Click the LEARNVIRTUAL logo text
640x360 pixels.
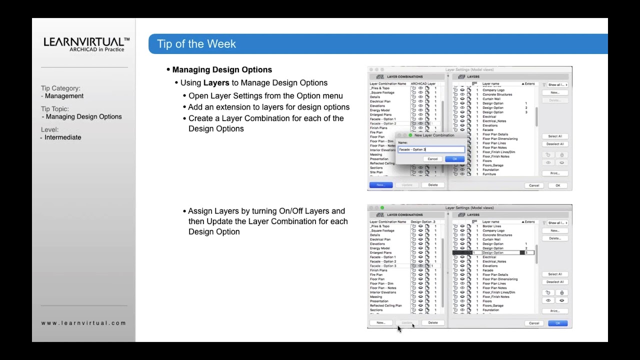pos(86,42)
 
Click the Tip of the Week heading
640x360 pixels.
pos(196,44)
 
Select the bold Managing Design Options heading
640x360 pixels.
pos(222,69)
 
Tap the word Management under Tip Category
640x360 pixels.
pos(64,96)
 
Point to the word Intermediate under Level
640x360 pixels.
pos(62,137)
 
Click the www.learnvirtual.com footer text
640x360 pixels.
pos(83,323)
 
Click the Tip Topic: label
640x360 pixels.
pos(55,109)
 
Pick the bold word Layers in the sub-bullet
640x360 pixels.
pos(216,83)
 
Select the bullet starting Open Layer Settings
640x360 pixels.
pos(265,95)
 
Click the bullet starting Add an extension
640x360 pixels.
pos(268,107)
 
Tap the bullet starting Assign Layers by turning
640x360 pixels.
pos(266,211)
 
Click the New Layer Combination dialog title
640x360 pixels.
pos(434,135)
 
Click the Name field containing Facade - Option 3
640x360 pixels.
pos(431,149)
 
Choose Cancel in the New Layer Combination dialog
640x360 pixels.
pos(432,159)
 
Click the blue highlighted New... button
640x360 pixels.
pos(380,185)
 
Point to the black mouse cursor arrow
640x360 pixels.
pos(399,328)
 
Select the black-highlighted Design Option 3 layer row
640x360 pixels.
pos(493,253)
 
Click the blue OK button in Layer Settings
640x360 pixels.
pos(557,323)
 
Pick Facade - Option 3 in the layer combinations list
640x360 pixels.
pos(383,266)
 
